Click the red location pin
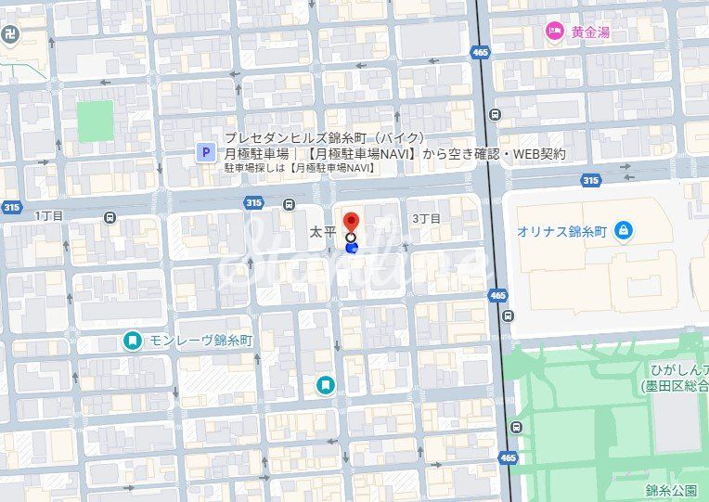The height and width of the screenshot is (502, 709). pos(351,223)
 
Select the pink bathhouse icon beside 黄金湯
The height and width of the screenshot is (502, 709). pos(555,32)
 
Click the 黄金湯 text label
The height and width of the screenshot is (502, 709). pos(590,32)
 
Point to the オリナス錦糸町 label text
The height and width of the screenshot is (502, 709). pos(562,231)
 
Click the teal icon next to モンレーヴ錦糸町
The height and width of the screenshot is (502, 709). pos(134,341)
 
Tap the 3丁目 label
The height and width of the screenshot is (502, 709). pos(426,218)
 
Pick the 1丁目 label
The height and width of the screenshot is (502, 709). pos(49,216)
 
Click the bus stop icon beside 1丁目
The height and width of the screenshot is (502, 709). pos(111,218)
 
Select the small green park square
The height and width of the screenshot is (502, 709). pos(95,121)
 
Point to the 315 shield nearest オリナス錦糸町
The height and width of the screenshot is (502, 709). pos(590,180)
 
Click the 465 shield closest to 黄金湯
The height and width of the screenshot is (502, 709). pos(479,53)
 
